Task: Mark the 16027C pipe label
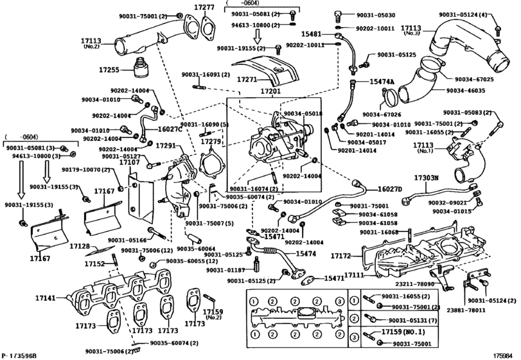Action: (x=170, y=129)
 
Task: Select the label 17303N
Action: (x=425, y=177)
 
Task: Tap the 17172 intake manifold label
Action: (x=341, y=256)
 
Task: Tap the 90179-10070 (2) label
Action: (x=87, y=170)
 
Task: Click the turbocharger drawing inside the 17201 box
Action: (x=279, y=141)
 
